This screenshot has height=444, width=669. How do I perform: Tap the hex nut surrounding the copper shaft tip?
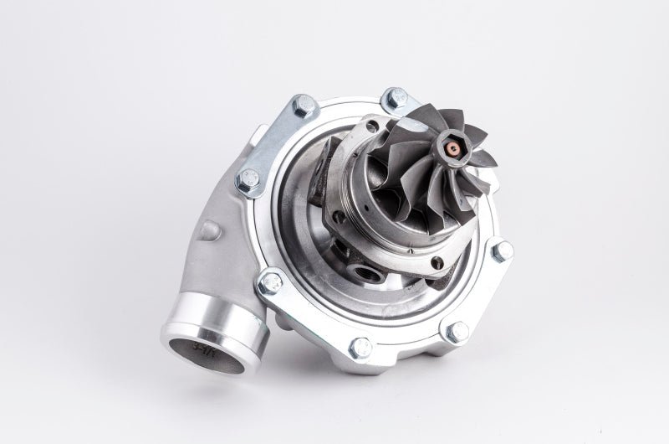pos(452,151)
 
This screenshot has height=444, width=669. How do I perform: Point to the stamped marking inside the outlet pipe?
pos(202,344)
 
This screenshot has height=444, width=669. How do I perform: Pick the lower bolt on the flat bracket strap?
pos(248,179)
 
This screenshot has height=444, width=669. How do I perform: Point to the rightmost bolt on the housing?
pos(503,250)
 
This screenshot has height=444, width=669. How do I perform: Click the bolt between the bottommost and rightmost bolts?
pos(457,332)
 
